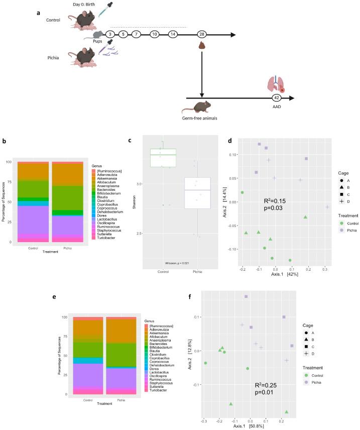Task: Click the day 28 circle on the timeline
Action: pos(202,34)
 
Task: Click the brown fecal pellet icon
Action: pos(202,46)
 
